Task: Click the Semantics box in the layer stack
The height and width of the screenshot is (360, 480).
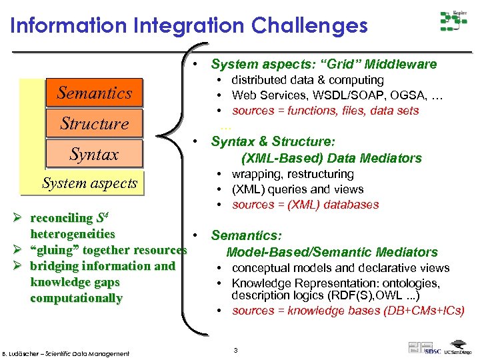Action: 94,93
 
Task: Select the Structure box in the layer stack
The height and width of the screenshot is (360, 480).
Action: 94,124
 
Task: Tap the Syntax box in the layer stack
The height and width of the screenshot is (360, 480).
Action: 94,155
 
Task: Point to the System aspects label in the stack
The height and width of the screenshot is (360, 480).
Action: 89,183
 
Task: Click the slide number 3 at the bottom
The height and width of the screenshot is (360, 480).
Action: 235,350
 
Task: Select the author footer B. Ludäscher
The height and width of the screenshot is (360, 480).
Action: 65,353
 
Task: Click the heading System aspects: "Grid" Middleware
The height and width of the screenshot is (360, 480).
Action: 323,65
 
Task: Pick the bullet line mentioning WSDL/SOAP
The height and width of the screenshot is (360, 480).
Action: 337,95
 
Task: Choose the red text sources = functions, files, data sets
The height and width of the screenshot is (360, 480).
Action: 325,111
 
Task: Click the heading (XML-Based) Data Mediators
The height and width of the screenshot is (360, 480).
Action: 331,158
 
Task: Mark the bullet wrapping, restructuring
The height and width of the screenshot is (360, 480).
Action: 293,174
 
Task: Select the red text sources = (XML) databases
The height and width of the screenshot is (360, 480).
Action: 305,205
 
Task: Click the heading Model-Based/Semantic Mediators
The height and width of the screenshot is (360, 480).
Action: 332,252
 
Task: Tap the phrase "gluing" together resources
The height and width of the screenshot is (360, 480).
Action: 109,250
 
